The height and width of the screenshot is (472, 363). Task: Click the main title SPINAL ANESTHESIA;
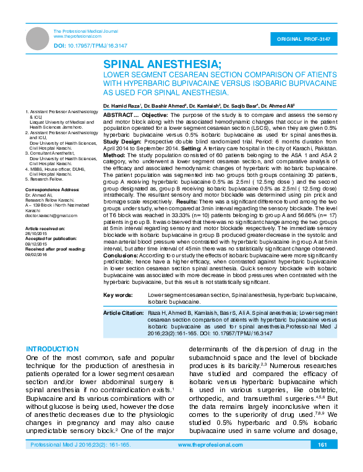[x=162, y=64]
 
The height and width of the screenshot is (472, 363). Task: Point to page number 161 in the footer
[x=322, y=461]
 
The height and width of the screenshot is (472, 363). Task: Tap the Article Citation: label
[x=122, y=313]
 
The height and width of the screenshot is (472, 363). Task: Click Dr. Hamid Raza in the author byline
[x=122, y=106]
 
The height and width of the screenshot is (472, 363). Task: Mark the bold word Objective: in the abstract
[x=152, y=115]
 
